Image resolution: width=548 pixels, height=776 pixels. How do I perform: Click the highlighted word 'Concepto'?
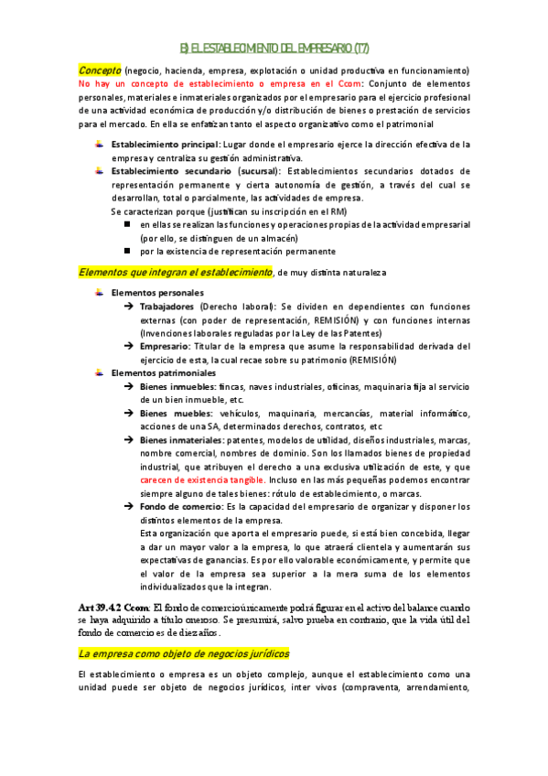99,70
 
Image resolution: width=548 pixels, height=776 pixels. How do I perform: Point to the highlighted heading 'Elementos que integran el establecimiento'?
175,272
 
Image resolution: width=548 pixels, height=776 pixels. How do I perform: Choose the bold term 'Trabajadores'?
167,307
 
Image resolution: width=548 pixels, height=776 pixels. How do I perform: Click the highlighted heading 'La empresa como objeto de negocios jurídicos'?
183,628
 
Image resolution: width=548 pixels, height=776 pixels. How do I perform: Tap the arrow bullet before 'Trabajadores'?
129,307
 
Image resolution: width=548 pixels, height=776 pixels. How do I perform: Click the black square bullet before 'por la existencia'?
129,251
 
